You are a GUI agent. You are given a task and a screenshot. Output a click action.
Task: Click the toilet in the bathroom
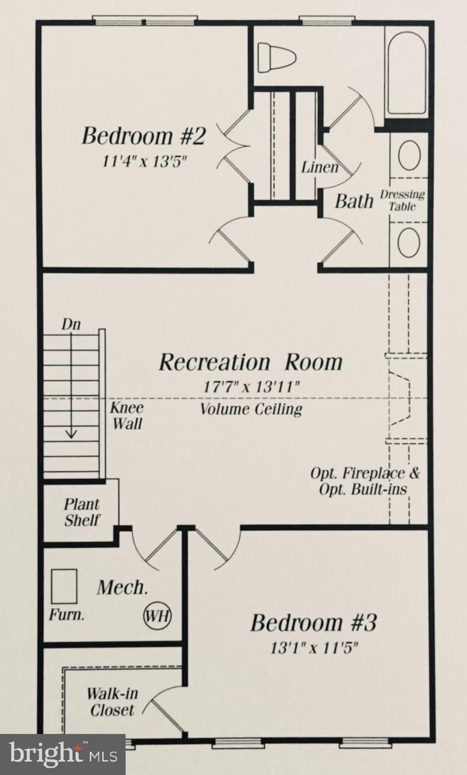pos(277,58)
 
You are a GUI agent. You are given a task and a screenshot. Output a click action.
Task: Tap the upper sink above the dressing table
pos(409,155)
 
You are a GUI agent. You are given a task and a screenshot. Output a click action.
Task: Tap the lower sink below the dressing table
pos(409,243)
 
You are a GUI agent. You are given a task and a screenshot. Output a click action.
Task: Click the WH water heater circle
pos(157,616)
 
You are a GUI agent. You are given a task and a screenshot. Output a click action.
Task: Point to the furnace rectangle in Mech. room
pos(64,586)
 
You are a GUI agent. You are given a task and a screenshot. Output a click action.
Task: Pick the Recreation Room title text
pos(251,362)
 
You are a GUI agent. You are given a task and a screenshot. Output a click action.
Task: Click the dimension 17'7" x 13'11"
pos(251,387)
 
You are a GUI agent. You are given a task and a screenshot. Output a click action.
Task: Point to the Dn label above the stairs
pos(71,324)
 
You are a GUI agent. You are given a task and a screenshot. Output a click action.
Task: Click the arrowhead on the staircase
pos(71,434)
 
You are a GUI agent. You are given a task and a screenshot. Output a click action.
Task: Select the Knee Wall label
pos(127,416)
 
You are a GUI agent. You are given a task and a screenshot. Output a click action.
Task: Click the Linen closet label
pos(320,168)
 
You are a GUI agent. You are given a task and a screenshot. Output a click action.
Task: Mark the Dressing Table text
pos(402,200)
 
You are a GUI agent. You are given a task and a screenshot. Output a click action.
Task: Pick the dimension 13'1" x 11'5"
pos(314,647)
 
